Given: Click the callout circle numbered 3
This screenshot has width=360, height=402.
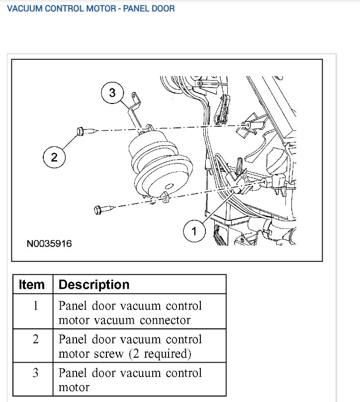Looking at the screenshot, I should (112, 93).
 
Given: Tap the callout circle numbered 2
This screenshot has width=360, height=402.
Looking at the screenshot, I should (54, 158).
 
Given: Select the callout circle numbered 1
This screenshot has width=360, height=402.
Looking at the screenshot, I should (194, 231).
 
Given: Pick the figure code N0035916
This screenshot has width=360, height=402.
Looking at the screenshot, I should (49, 244).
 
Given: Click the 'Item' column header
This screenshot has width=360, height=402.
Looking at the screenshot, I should (32, 285).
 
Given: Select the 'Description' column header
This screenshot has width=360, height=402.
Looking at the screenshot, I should (94, 285).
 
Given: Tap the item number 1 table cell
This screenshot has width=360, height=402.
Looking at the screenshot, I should (35, 305).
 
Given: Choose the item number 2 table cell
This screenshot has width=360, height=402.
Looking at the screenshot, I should (35, 339).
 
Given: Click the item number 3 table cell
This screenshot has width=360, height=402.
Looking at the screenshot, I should (35, 373).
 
